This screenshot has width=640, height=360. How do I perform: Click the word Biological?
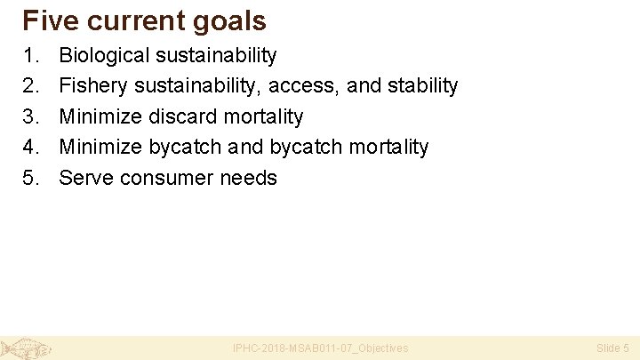pyautogui.click(x=105, y=56)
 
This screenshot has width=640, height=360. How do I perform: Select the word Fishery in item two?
pyautogui.click(x=92, y=86)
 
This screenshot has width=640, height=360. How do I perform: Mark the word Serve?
pyautogui.click(x=86, y=178)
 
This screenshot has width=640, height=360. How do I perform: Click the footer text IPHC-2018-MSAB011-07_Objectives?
pyautogui.click(x=320, y=348)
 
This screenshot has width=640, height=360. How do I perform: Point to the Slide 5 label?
pyautogui.click(x=612, y=348)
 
